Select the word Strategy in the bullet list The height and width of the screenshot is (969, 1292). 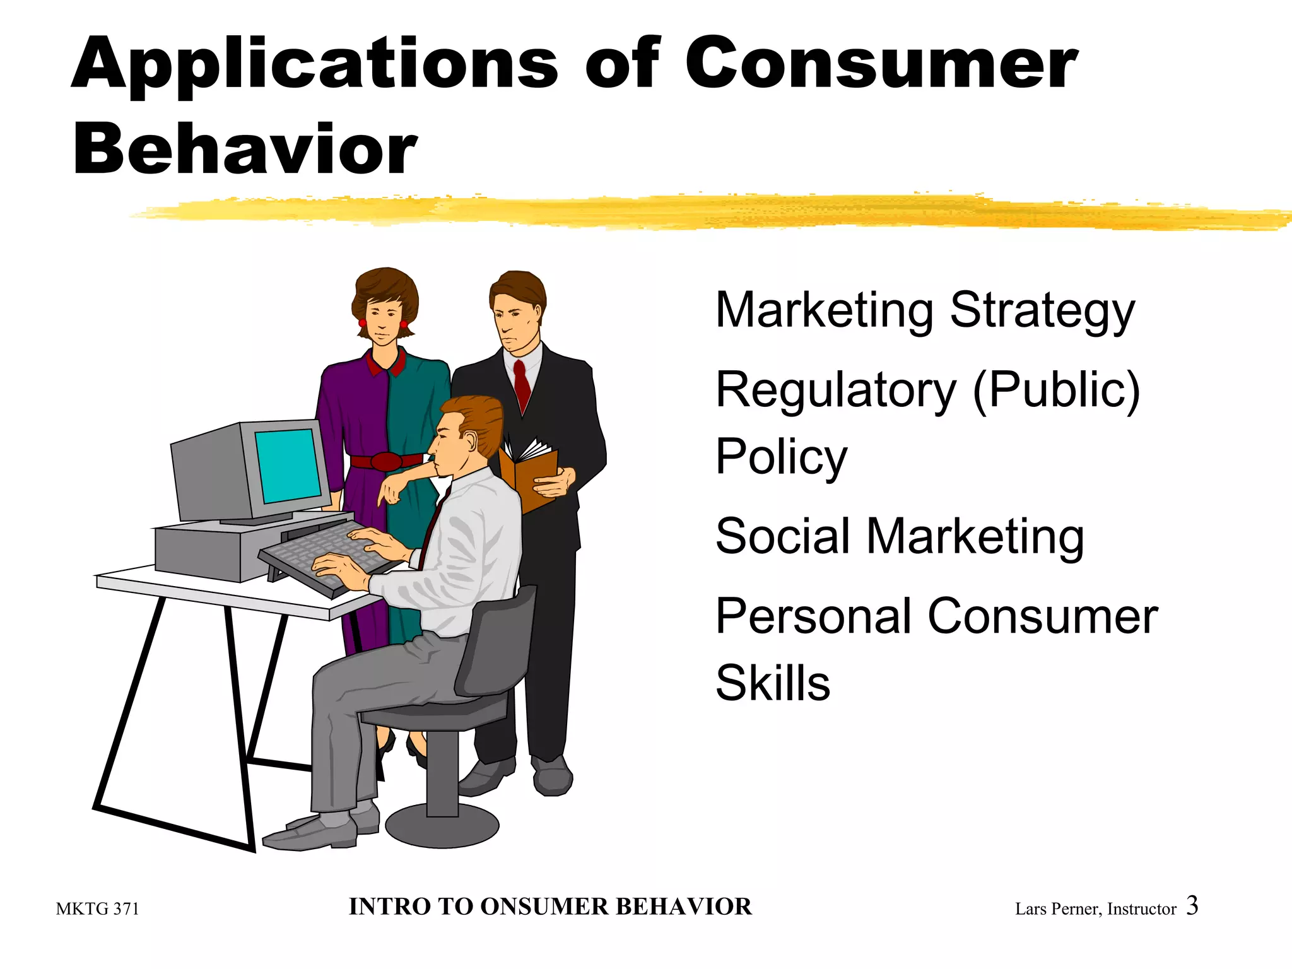1042,312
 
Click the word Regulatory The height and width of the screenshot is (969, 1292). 836,391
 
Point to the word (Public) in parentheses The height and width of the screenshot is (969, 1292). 1057,391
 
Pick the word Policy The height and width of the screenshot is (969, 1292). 781,458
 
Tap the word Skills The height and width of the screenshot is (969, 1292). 773,683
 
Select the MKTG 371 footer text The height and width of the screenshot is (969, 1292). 97,909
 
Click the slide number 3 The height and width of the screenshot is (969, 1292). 1192,905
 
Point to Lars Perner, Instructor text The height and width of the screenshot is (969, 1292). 1095,909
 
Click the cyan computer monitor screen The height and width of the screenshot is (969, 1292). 288,466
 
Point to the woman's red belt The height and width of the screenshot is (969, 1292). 385,461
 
